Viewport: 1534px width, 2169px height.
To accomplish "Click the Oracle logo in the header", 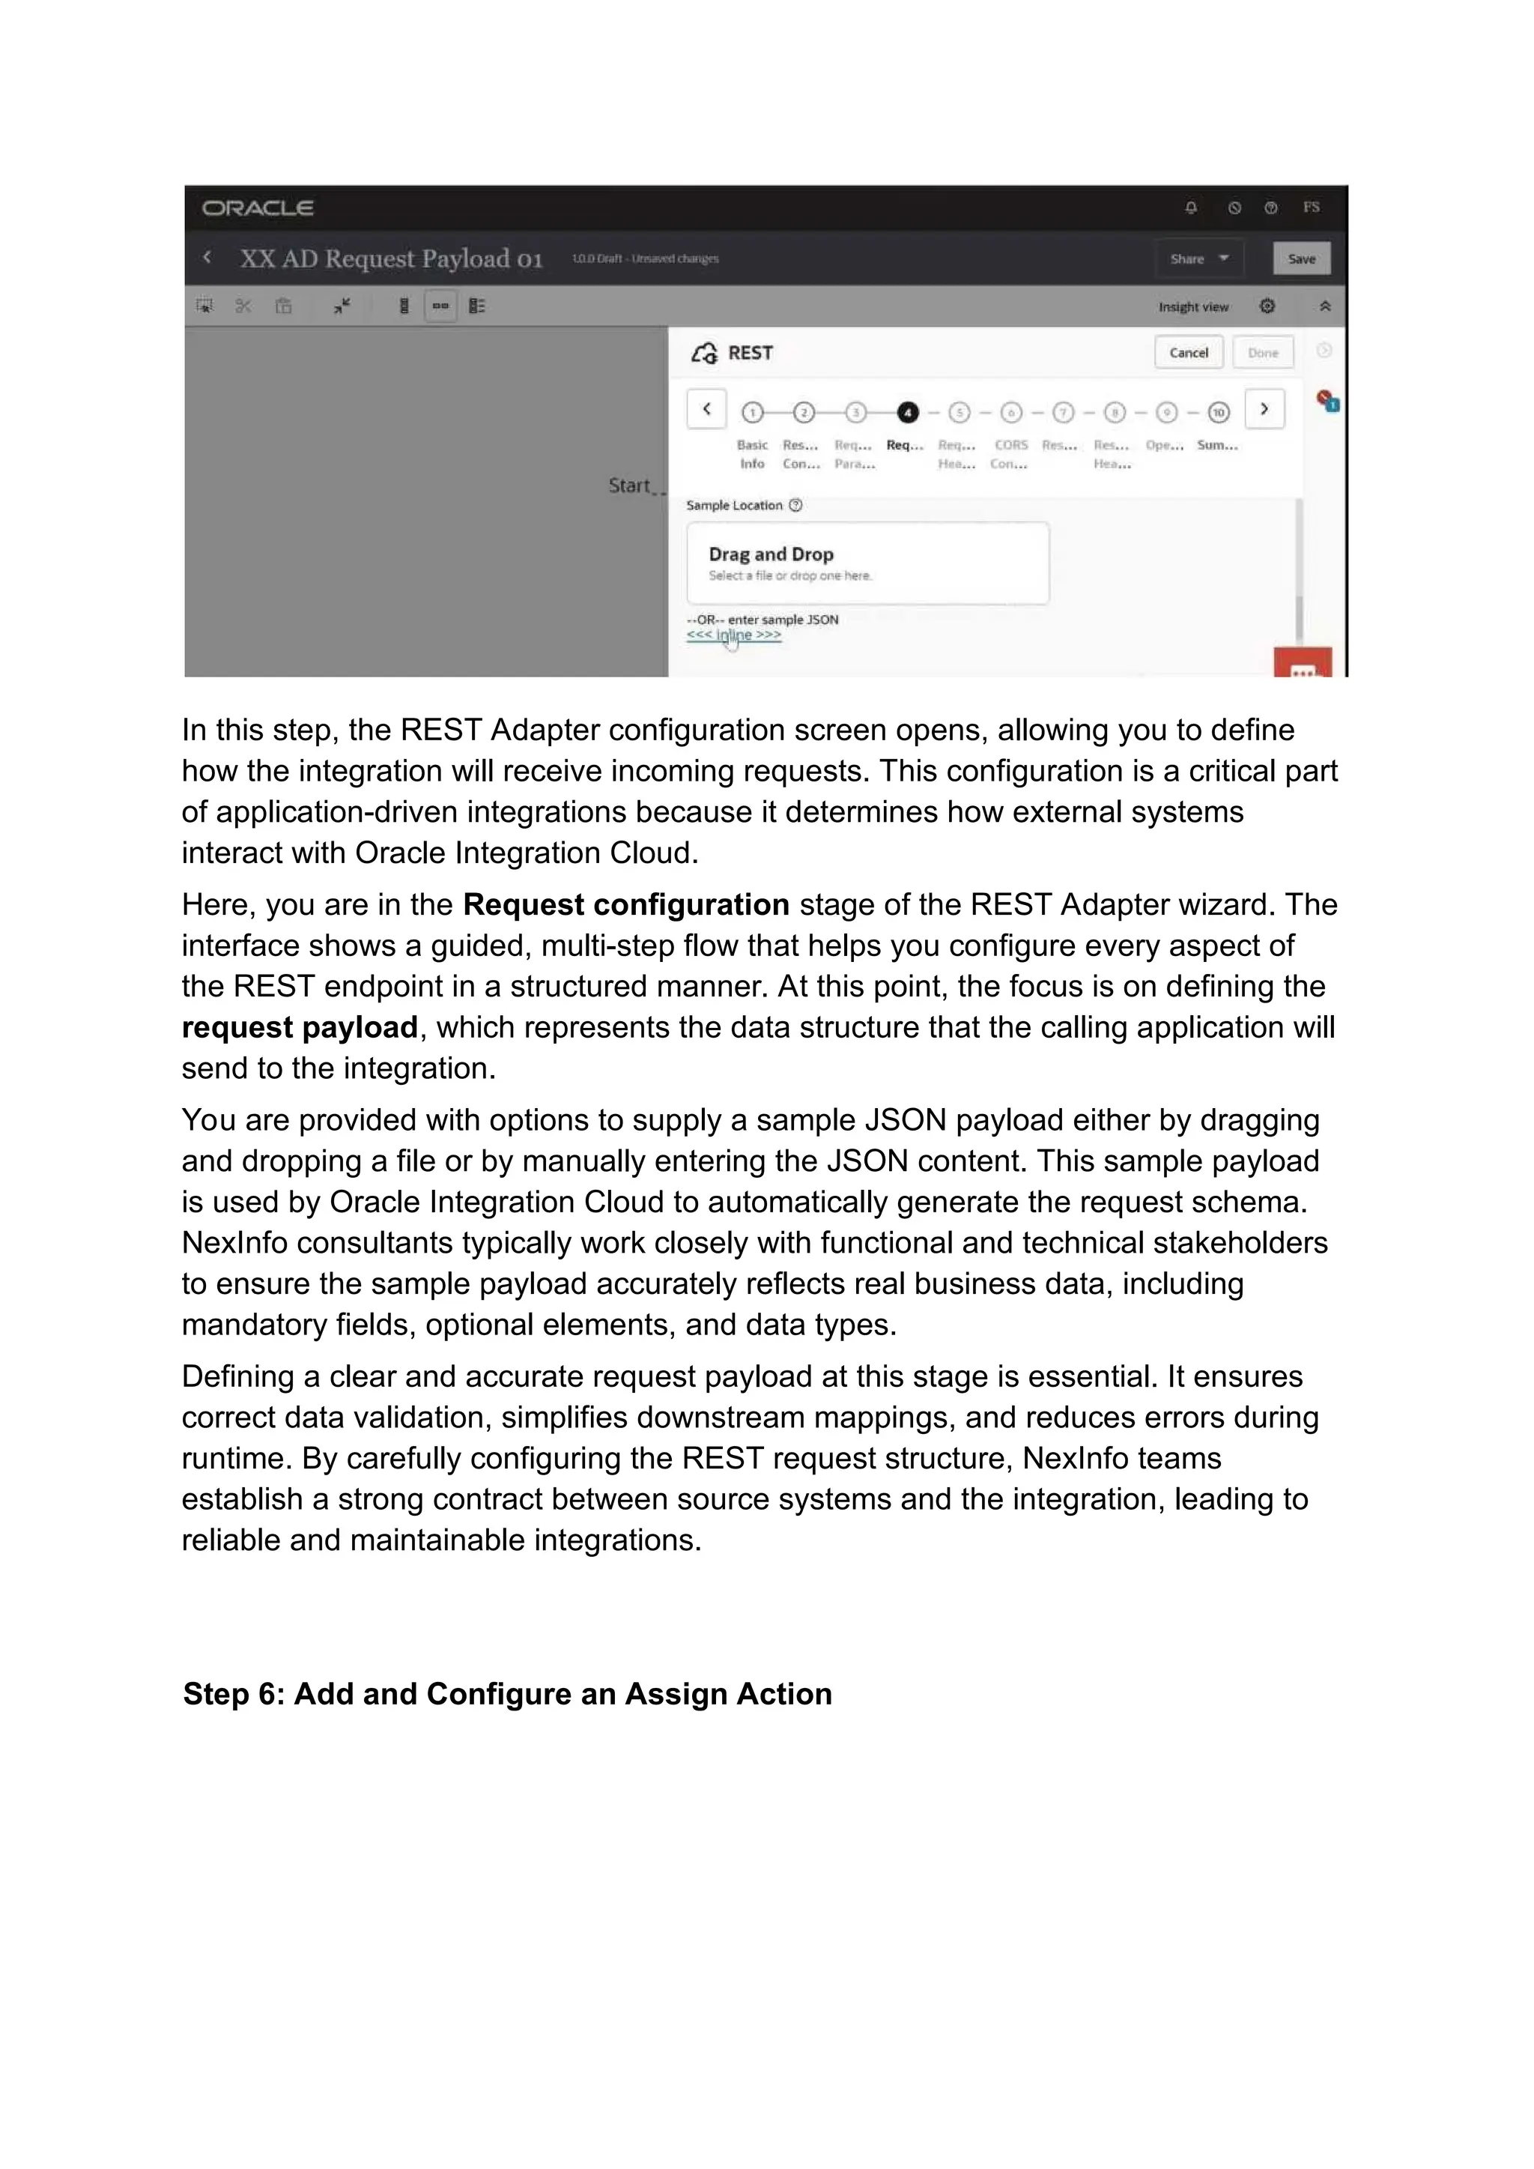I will (x=257, y=208).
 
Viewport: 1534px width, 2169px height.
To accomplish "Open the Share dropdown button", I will (x=1198, y=258).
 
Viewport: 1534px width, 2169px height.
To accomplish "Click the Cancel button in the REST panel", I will (x=1188, y=352).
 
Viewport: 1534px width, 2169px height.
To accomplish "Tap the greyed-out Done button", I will (x=1262, y=352).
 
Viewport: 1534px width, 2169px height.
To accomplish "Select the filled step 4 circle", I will (x=907, y=413).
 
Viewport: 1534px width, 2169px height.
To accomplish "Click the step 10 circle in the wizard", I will (x=1219, y=413).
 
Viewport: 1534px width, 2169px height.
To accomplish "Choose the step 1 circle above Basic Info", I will (x=752, y=413).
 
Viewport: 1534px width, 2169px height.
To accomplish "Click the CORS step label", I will (x=1010, y=445).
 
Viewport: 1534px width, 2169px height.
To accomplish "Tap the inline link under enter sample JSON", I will (x=734, y=635).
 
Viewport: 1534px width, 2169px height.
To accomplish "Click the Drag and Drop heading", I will (x=771, y=554).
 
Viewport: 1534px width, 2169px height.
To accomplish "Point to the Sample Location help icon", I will (x=795, y=506).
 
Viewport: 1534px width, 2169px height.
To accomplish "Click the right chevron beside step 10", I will (x=1264, y=409).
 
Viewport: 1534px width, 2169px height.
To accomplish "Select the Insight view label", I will (x=1193, y=307).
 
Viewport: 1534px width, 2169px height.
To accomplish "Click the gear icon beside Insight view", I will (x=1267, y=306).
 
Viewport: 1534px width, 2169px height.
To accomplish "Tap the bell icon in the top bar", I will (x=1191, y=208).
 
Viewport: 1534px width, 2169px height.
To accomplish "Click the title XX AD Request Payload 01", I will (x=391, y=258).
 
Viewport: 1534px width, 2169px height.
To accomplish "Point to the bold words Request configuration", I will (x=625, y=905).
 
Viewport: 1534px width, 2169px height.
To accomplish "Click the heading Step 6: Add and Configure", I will (x=507, y=1694).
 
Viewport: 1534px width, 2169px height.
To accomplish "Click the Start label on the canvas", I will (x=629, y=485).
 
